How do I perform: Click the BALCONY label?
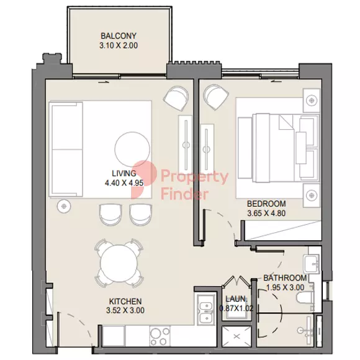119,36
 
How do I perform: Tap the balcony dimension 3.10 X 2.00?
119,45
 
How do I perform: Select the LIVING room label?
124,173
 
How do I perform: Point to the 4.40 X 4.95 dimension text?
124,183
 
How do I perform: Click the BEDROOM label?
266,204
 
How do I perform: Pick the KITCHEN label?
125,301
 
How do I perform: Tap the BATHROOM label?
285,278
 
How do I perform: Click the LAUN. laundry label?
236,299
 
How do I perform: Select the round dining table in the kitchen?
119,263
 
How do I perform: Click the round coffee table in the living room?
132,150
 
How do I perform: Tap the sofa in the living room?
66,150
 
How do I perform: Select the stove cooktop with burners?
160,336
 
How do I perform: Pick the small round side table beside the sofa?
64,206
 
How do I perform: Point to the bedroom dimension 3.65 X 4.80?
266,214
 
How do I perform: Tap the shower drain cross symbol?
236,336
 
